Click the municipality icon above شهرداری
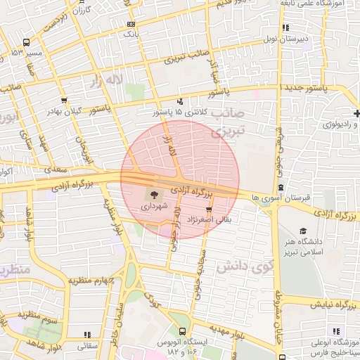tap(153, 195)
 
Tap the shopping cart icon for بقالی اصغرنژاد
tap(209, 210)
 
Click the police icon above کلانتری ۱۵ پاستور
tap(181, 101)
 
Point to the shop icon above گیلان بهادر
tap(64, 100)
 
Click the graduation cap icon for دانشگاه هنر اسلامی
tap(303, 231)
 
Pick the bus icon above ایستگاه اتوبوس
tap(184, 330)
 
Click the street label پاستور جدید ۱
tap(307, 86)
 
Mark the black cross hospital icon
tap(358, 113)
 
